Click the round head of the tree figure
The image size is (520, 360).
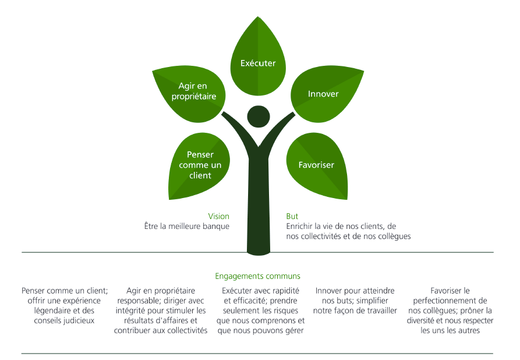coord(259,117)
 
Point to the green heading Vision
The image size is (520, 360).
coord(218,216)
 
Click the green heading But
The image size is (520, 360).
coord(292,216)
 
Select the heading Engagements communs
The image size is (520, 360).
coord(258,276)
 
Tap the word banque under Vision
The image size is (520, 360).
coord(215,226)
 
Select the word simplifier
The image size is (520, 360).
coord(372,301)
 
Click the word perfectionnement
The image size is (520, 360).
coord(450,301)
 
